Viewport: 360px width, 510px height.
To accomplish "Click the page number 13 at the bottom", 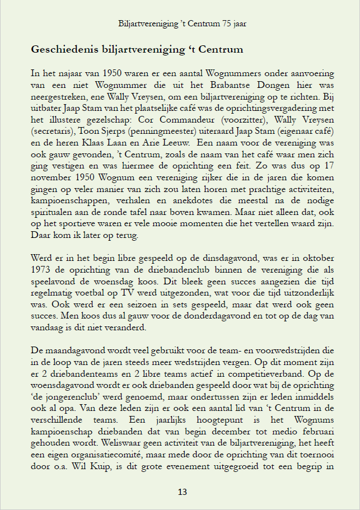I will [x=182, y=492].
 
